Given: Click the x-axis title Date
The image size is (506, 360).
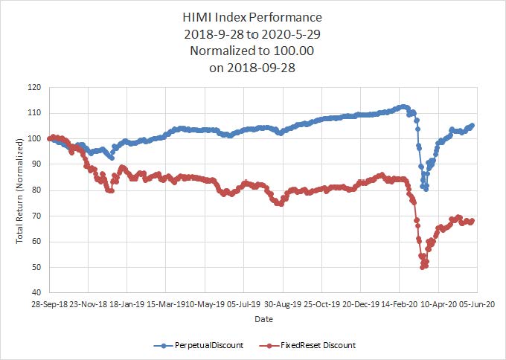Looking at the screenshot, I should pos(263,318).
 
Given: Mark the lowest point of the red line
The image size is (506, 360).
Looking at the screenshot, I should pos(423,266).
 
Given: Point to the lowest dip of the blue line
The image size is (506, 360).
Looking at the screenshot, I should pos(426,189).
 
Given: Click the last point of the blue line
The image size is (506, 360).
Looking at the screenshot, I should pos(473,126).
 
